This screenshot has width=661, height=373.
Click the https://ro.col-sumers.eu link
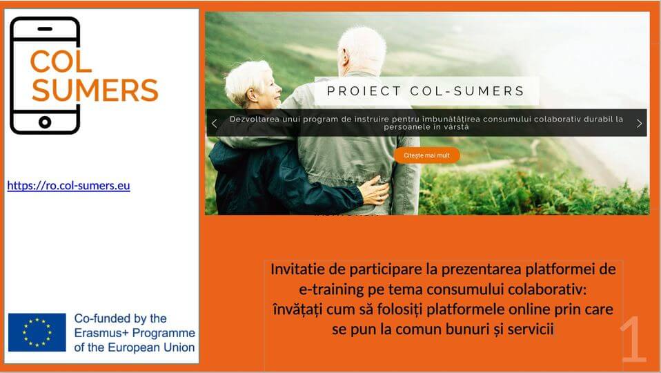coord(68,185)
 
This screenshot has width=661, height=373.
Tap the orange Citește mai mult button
coord(426,155)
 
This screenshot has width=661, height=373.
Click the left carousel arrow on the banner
coord(214,124)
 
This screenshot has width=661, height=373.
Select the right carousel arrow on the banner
coord(639,124)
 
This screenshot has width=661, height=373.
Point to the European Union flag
coord(37,332)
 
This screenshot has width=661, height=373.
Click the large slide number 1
coord(633,340)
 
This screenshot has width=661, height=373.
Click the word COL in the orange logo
coord(61,61)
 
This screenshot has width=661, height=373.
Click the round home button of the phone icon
coord(45,122)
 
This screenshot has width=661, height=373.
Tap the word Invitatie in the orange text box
coord(299,269)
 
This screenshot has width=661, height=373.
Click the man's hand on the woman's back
coord(373,191)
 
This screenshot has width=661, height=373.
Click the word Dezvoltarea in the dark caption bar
coord(259,119)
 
